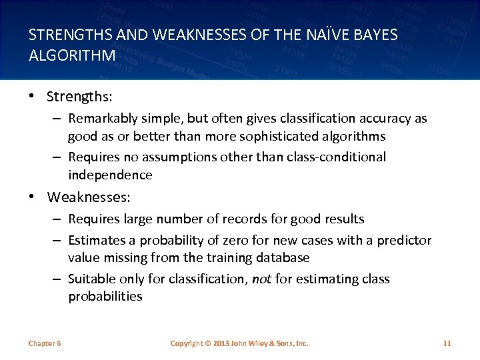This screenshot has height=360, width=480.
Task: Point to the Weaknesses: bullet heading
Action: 89,197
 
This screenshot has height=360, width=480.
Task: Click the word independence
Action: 110,175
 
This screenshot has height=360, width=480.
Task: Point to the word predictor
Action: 401,240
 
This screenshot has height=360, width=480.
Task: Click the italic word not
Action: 261,279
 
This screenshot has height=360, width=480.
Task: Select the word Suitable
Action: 91,279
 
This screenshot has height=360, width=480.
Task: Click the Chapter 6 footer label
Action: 45,343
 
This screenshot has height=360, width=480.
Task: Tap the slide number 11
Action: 447,343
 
